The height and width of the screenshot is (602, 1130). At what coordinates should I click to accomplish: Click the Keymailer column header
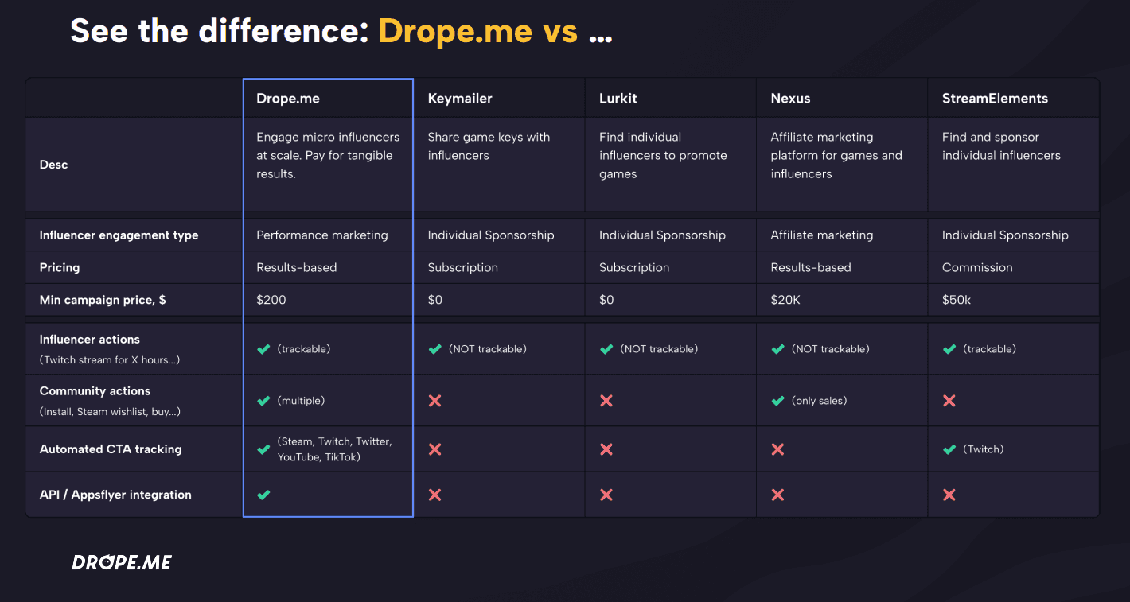(460, 99)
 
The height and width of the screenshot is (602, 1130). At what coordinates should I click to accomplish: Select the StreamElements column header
(995, 99)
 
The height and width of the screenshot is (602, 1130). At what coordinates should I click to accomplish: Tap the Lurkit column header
(618, 99)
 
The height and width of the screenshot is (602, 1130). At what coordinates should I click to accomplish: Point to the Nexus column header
(790, 99)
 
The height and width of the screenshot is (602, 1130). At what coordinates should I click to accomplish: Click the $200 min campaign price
(271, 300)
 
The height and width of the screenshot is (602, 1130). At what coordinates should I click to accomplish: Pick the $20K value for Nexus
(785, 300)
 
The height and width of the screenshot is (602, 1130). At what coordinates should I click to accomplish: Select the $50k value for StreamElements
(957, 300)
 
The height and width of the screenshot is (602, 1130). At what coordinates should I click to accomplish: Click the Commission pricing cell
(977, 268)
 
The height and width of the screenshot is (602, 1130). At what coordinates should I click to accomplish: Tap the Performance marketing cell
(321, 235)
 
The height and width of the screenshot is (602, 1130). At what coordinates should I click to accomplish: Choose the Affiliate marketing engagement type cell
(822, 235)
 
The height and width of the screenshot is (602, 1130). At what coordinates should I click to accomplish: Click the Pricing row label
(60, 268)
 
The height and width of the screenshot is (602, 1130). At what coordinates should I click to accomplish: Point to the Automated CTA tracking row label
(111, 449)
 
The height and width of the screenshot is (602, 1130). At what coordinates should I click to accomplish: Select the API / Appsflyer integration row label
(115, 495)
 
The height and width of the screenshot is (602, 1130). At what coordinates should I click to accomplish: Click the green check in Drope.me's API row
(263, 495)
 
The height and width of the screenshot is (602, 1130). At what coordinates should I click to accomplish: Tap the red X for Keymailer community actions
(434, 401)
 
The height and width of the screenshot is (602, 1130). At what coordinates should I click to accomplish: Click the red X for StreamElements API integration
(949, 495)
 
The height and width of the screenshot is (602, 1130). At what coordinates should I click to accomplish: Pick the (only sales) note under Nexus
(820, 401)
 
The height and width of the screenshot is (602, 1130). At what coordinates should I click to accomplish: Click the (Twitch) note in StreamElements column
(984, 449)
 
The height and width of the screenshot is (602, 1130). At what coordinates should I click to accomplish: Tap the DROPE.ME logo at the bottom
(122, 562)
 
